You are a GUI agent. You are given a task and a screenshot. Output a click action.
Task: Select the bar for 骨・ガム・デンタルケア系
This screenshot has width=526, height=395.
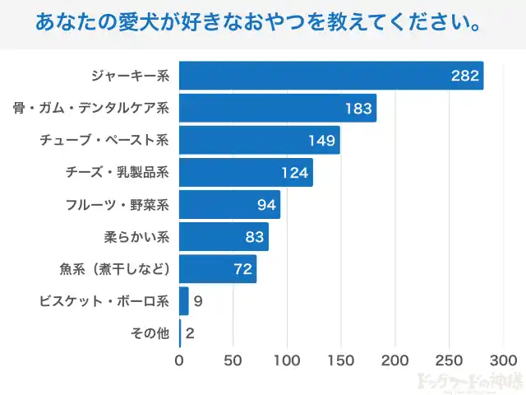(x=278, y=108)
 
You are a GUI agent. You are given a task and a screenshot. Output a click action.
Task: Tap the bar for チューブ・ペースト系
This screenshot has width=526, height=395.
(x=259, y=140)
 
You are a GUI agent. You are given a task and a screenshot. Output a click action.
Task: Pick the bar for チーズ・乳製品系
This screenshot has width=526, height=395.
(x=246, y=172)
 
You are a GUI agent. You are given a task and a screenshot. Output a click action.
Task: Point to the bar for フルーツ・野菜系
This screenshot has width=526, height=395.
(x=229, y=204)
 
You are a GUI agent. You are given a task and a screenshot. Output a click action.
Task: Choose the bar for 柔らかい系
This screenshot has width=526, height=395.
(x=224, y=236)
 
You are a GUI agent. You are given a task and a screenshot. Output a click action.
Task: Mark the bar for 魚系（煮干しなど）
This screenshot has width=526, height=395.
(x=218, y=268)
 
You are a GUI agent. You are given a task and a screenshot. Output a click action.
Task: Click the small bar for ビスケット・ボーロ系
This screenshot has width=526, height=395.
(x=183, y=300)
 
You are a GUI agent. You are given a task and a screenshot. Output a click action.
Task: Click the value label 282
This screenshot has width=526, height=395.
(x=464, y=77)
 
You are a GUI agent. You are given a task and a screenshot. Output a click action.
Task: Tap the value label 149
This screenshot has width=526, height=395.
(x=321, y=141)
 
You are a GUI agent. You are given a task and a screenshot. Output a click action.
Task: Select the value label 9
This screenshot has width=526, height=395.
(x=198, y=301)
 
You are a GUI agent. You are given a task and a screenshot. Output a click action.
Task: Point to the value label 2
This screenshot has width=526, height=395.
(x=190, y=333)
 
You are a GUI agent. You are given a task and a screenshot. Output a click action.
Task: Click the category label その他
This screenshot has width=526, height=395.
(x=150, y=333)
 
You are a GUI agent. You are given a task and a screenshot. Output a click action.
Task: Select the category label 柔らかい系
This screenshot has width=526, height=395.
(x=136, y=237)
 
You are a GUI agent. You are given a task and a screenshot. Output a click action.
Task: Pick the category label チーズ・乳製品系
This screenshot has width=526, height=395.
(x=117, y=173)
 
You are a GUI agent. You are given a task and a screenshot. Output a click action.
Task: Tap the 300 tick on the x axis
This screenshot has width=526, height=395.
(x=503, y=360)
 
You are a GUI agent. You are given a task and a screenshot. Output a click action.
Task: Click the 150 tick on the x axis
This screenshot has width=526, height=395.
(x=341, y=360)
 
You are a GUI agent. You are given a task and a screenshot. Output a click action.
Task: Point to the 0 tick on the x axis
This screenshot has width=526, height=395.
(x=179, y=360)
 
